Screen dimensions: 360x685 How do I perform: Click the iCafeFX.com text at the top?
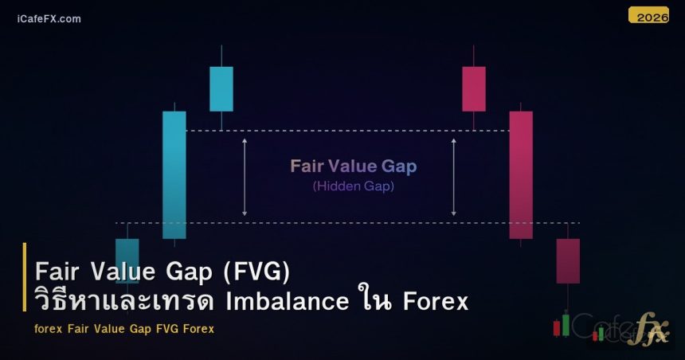coord(49,18)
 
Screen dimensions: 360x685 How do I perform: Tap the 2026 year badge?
coord(648,15)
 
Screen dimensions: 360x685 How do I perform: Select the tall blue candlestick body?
coord(174,174)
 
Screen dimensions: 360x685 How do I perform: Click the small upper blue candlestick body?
coord(221,88)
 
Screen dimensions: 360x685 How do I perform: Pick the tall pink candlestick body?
coord(521,174)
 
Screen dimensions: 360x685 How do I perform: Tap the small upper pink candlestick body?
coord(473,88)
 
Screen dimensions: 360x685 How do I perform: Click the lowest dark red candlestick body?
coord(568,260)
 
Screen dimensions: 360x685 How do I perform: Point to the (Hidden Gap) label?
coord(353,186)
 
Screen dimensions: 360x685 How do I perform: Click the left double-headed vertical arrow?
coord(245,177)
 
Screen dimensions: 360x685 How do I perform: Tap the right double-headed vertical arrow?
coord(454,177)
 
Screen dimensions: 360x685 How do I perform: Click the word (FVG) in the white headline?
coord(256,272)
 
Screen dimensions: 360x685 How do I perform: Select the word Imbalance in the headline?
coord(288,302)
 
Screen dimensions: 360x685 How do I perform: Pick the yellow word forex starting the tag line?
coord(49,328)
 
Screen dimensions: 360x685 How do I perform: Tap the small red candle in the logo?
coord(557,327)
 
